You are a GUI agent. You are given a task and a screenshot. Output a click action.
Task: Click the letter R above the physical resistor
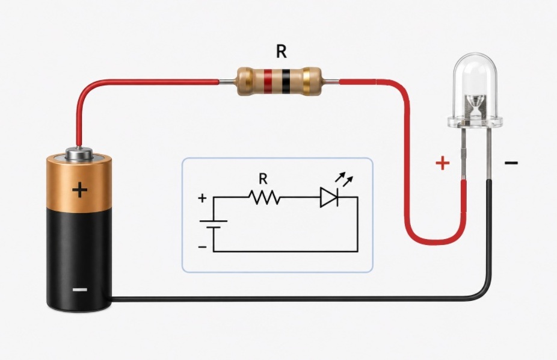[x=281, y=52]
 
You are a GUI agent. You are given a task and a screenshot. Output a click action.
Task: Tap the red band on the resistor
[x=268, y=81]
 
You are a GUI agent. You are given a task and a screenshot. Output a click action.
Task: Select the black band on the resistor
[x=286, y=81]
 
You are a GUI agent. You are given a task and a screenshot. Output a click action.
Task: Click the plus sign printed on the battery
[x=80, y=190]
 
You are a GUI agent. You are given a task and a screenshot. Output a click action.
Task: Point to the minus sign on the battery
[x=80, y=290]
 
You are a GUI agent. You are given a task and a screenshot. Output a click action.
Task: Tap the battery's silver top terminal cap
[x=79, y=154]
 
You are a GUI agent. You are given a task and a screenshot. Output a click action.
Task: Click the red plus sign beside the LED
[x=443, y=163]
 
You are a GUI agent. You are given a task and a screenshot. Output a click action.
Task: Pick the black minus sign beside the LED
[x=511, y=163]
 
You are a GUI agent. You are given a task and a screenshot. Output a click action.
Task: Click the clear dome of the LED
[x=475, y=89]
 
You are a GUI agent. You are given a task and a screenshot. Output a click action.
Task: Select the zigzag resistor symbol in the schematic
[x=264, y=197]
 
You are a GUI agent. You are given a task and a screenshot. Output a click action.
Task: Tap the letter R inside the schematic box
[x=263, y=179]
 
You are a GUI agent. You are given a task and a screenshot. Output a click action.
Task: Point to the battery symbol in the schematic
[x=213, y=224]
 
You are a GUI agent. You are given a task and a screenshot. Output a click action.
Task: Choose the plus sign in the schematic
[x=202, y=198]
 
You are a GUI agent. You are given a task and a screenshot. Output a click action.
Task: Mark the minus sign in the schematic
[x=202, y=247]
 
